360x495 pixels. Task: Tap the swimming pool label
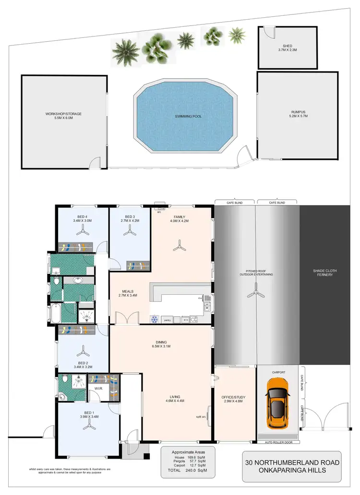click(187, 117)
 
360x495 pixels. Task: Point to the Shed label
click(288, 48)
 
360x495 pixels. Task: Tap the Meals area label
click(128, 293)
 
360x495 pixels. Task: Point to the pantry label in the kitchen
click(168, 319)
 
